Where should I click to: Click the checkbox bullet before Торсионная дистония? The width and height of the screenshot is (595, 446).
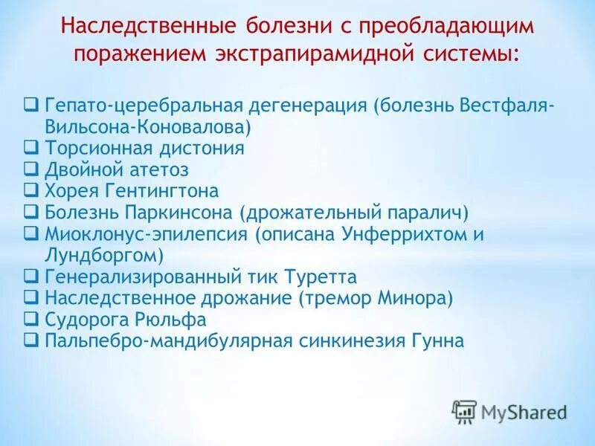[x=32, y=147]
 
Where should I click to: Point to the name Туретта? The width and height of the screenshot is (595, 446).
[x=321, y=277]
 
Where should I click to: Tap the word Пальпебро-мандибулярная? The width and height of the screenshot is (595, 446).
[x=156, y=342]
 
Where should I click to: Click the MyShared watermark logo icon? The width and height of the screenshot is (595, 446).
[x=463, y=410]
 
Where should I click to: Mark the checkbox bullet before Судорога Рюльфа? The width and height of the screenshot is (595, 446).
[x=32, y=320]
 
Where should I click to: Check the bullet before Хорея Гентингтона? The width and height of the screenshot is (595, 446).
[x=32, y=190]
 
